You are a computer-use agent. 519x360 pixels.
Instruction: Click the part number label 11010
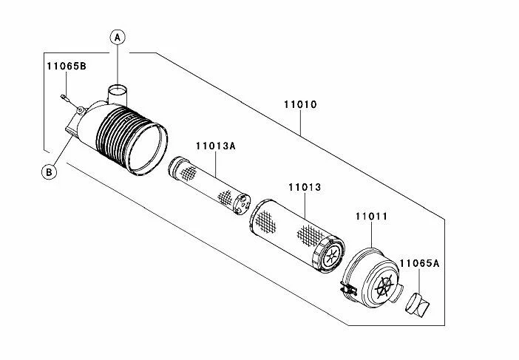point(300,105)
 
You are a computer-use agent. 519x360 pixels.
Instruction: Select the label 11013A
point(215,146)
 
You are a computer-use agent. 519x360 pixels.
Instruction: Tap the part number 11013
point(304,188)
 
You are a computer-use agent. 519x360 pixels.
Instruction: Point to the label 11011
point(372,216)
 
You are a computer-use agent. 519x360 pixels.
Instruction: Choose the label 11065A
point(421,262)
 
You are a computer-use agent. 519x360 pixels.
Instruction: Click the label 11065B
point(63,67)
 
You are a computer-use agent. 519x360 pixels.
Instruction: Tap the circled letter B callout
point(50,172)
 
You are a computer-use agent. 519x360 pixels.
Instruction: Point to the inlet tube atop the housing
point(118,95)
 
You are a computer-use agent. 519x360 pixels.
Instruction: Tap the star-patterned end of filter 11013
point(330,256)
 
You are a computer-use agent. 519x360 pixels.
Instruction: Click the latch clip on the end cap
point(345,289)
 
